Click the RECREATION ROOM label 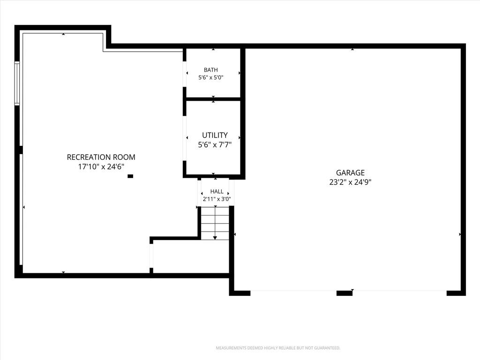tap(101, 157)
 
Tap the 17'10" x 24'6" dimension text tap(101, 167)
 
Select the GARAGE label tap(350, 172)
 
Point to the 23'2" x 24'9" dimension tap(350, 182)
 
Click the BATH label tap(211, 70)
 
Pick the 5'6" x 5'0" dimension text tap(211, 77)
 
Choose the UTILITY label tap(215, 135)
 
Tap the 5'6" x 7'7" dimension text tap(215, 144)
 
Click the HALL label tap(217, 191)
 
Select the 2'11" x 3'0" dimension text tap(217, 199)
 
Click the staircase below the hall tap(215, 223)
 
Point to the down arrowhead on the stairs tap(215, 238)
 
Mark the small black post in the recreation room tap(130, 176)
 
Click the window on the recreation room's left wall tap(17, 83)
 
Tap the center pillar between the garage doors tap(345, 293)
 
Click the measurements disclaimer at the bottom tap(278, 348)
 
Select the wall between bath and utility tap(213, 99)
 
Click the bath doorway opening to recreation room tap(185, 74)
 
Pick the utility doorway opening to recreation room tap(185, 138)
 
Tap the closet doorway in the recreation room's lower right tap(151, 256)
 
